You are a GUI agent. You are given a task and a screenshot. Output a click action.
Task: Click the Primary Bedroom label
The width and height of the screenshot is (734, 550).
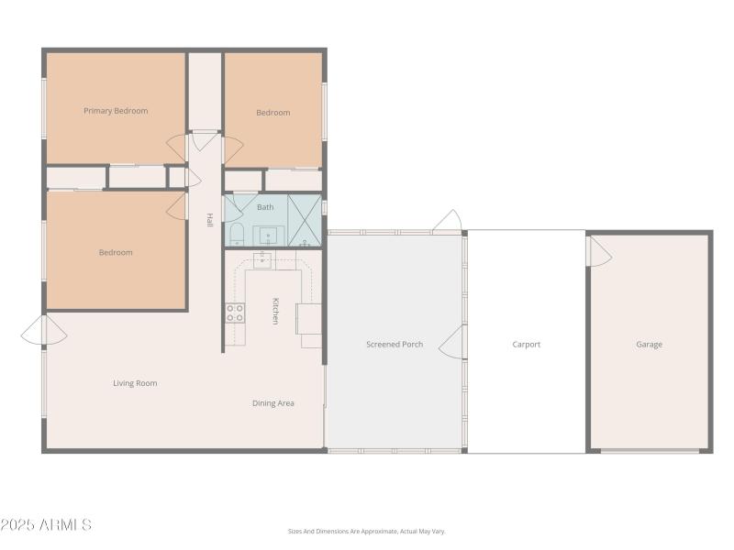pos(116,111)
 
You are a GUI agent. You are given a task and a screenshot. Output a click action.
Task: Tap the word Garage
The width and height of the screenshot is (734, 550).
pos(650,345)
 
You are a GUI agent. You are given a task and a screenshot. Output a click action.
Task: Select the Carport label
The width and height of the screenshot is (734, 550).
pos(527,345)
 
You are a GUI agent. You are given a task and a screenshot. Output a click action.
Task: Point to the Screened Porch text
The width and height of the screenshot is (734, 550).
pos(395,345)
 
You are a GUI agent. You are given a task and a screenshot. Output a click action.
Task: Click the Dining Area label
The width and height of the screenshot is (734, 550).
pos(273,403)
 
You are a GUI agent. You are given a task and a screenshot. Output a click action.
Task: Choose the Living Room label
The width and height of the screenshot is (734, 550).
pos(135,383)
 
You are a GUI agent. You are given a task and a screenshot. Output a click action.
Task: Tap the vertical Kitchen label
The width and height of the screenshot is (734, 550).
pos(274,311)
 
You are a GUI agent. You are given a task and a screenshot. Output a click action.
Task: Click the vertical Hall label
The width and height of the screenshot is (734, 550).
pos(209,220)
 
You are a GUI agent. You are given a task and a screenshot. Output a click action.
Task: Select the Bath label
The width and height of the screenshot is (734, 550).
pos(265,207)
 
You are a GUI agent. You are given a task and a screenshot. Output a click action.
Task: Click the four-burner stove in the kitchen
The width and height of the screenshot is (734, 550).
pos(236,313)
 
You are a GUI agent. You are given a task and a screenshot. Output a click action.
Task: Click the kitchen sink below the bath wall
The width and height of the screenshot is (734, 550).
pos(262,259)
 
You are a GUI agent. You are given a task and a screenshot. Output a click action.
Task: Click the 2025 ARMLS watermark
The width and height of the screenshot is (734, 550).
pos(46,525)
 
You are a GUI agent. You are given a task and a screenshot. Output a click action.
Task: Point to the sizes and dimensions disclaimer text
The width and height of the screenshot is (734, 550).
pos(366,532)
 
